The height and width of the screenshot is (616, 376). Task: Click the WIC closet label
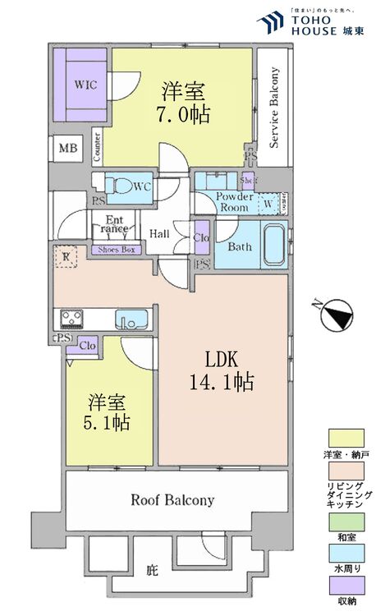point(82,84)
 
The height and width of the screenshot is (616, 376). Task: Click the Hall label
point(159,234)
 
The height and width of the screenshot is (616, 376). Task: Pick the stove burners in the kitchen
point(69,318)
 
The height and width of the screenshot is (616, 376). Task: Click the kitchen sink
point(131,318)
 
